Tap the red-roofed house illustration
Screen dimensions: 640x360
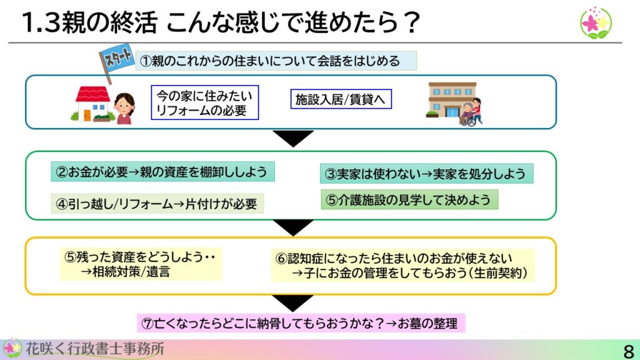point(92,104)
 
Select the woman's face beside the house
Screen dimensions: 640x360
point(124,104)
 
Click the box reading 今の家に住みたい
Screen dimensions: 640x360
point(205,102)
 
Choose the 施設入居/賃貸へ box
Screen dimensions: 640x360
point(341,99)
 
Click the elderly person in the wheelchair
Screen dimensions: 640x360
point(467,114)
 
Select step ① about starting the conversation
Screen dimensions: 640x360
point(276,61)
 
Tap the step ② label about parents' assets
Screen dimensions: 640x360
point(162,171)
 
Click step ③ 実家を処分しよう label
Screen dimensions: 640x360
point(426,174)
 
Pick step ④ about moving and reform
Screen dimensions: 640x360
point(157,203)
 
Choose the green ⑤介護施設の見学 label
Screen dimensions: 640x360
point(409,199)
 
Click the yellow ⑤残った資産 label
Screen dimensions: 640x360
point(141,264)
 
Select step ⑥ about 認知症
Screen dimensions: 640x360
point(402,265)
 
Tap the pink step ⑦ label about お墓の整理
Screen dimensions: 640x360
point(301,323)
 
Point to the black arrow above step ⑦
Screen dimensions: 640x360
point(293,302)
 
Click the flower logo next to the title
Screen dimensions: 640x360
point(596,23)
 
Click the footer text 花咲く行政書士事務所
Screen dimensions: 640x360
point(95,349)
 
